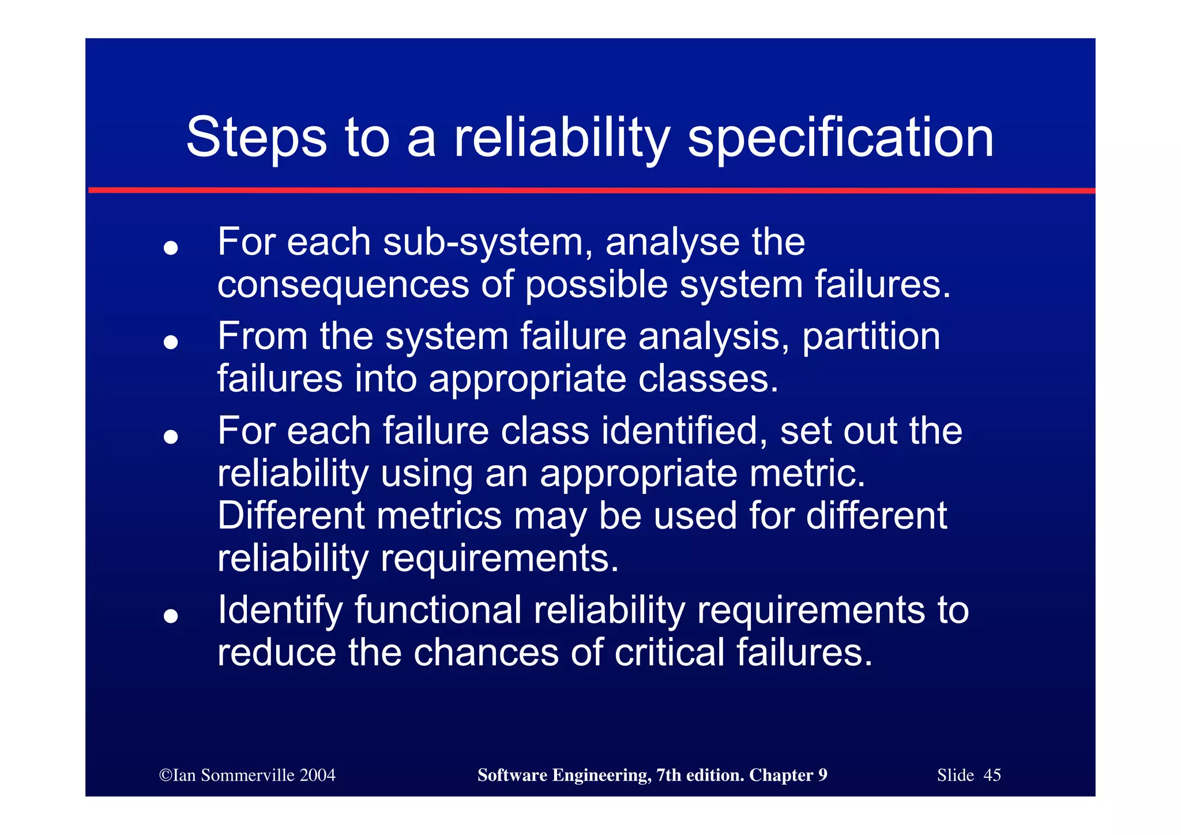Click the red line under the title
[590, 190]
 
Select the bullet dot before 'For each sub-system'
[170, 248]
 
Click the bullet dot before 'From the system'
[170, 342]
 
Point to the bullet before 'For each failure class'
[170, 437]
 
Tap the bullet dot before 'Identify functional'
[170, 616]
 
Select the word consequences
[343, 285]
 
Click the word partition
[871, 337]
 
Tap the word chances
[486, 653]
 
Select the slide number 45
[992, 775]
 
